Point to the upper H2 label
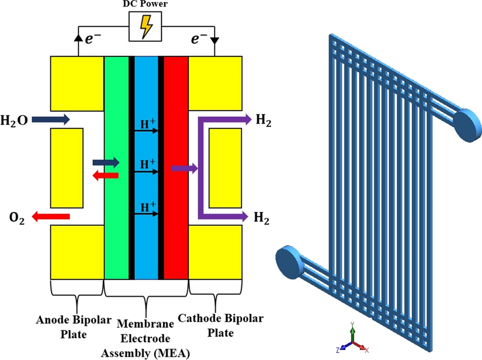tap(263, 120)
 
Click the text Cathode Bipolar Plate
tap(214, 324)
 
